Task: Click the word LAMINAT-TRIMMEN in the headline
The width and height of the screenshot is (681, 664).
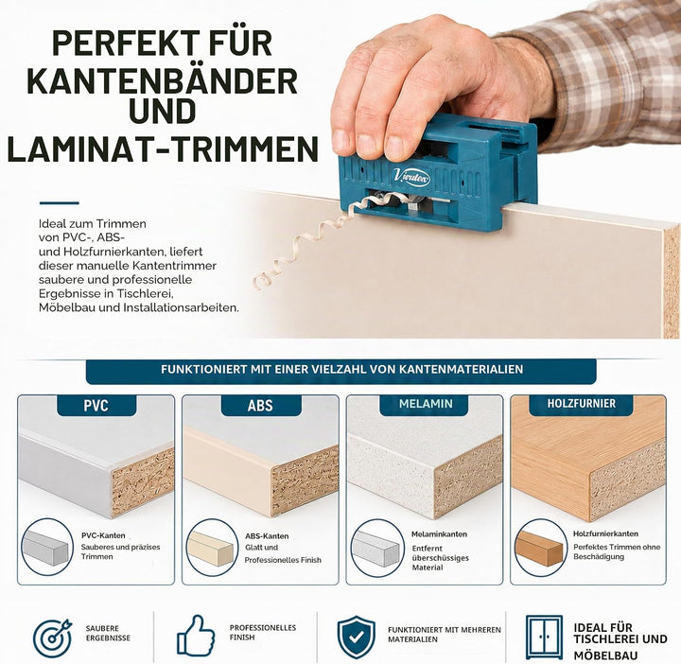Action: click(x=163, y=149)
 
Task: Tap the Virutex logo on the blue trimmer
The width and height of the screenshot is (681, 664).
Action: click(x=411, y=177)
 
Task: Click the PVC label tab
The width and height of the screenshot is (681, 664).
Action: click(x=96, y=405)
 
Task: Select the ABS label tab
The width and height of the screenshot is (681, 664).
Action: click(x=261, y=405)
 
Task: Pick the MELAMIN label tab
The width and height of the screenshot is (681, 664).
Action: click(x=425, y=404)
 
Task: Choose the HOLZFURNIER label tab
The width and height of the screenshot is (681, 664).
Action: click(x=582, y=404)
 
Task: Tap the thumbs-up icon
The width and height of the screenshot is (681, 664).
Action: click(x=196, y=635)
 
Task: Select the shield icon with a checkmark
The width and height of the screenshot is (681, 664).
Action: click(x=357, y=637)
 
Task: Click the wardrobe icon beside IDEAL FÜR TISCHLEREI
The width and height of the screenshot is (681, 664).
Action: click(x=544, y=637)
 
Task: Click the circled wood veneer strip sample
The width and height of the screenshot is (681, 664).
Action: click(x=541, y=548)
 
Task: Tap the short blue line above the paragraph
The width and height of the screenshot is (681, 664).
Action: click(x=59, y=202)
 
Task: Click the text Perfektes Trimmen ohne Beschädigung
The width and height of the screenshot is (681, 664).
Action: click(x=617, y=551)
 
